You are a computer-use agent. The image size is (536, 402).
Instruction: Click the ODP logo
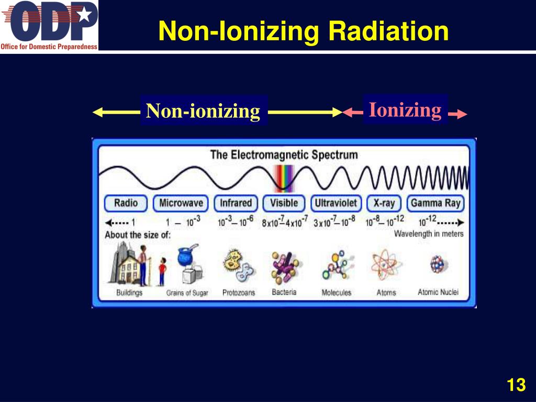pyautogui.click(x=49, y=25)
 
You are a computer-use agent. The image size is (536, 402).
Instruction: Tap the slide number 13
pyautogui.click(x=516, y=385)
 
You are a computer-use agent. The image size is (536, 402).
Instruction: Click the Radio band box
pyautogui.click(x=126, y=204)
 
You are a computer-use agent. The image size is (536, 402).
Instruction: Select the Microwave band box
pyautogui.click(x=181, y=204)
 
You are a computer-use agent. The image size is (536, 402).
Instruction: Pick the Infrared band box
pyautogui.click(x=236, y=204)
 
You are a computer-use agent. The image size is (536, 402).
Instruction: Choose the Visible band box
pyautogui.click(x=284, y=204)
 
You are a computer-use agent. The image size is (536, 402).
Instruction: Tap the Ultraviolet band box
pyautogui.click(x=336, y=204)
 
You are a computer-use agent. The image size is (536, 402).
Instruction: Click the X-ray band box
pyautogui.click(x=384, y=204)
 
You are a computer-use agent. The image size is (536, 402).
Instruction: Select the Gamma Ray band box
pyautogui.click(x=435, y=204)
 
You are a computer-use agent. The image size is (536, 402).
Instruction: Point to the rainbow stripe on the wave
pyautogui.click(x=284, y=178)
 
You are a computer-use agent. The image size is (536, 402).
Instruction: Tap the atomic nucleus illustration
pyautogui.click(x=437, y=264)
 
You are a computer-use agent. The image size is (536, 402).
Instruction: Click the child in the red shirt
pyautogui.click(x=162, y=272)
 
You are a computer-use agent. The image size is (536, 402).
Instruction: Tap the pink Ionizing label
pyautogui.click(x=405, y=110)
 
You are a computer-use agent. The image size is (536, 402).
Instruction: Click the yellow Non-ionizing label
pyautogui.click(x=203, y=111)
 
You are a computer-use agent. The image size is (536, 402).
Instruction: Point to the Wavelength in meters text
pyautogui.click(x=429, y=234)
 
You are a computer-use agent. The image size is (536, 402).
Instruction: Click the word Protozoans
pyautogui.click(x=239, y=293)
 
